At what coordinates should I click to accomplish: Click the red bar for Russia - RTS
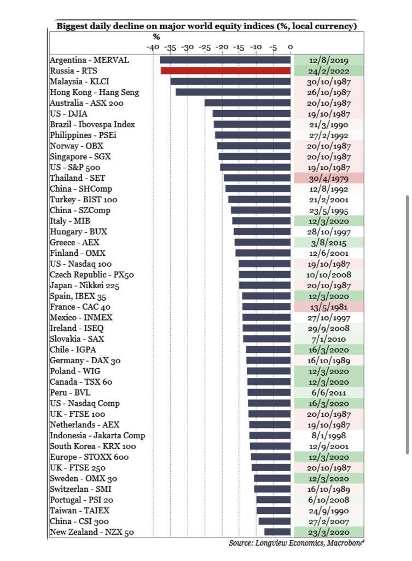tap(225, 71)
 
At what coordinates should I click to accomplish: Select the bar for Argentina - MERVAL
tap(225, 60)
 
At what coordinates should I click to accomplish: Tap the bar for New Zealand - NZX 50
tap(277, 532)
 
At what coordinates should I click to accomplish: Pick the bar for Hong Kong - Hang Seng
tap(233, 92)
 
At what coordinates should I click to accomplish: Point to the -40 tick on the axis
tap(153, 48)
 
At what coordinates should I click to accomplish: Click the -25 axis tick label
tap(205, 48)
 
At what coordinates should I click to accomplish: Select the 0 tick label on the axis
tap(291, 48)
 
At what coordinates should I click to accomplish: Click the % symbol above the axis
tap(156, 37)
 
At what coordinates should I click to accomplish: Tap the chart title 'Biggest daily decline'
tap(206, 26)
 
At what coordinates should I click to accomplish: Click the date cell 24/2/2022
tap(329, 71)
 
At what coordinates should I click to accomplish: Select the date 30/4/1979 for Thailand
tap(329, 178)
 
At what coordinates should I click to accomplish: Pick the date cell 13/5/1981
tap(329, 307)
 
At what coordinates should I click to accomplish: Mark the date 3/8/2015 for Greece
tap(329, 242)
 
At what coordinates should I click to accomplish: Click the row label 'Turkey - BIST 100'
tap(83, 199)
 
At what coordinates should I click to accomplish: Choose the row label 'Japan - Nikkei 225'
tap(84, 285)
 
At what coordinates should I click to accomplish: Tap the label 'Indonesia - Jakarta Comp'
tap(97, 436)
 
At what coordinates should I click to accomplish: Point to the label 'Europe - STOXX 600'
tap(89, 457)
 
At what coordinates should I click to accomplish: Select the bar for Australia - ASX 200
tap(247, 103)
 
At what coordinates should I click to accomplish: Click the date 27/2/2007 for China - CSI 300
tap(329, 521)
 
